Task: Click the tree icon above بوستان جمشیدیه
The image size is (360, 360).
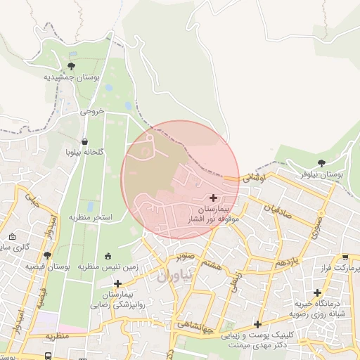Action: point(70,66)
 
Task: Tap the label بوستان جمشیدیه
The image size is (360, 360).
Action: point(72,77)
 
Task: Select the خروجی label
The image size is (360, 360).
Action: point(91,111)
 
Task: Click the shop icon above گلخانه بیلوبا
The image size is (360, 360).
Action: point(85,141)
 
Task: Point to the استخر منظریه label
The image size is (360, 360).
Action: point(91,218)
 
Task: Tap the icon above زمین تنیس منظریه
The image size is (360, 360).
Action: point(108,256)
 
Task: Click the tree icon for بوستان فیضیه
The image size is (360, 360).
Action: point(47,256)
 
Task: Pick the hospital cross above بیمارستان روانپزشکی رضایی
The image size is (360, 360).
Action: point(117,283)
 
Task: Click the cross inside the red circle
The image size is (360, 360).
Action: point(214,198)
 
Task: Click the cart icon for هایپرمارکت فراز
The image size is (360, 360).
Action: point(345,258)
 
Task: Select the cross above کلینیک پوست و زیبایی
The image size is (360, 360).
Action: point(259,324)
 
